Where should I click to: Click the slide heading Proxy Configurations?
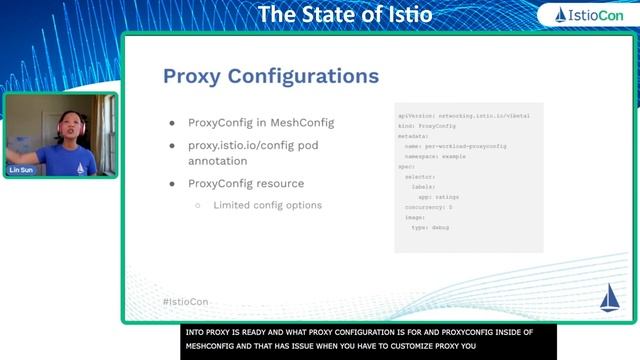coord(270,76)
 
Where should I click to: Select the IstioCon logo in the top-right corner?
coord(585,15)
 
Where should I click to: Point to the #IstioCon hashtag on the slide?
coord(185,301)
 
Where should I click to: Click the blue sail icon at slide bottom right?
coord(609,298)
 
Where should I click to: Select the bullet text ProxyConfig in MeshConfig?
coord(260,122)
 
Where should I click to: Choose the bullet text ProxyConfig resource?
coord(246,184)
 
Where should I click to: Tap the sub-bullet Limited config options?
coord(267,205)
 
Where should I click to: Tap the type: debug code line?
coord(430,227)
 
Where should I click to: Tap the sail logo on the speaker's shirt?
coord(80,167)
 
